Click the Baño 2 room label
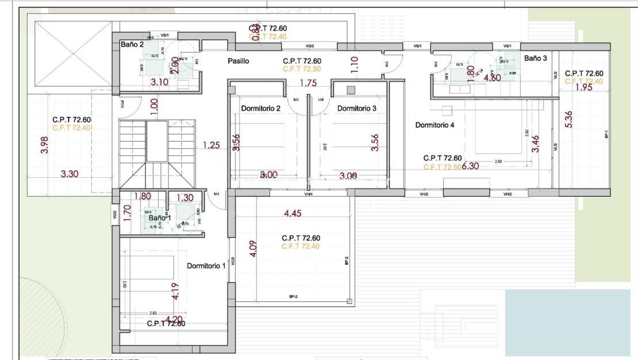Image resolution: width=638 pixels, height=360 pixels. pos(132,44)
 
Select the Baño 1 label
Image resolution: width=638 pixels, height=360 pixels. pos(160,218)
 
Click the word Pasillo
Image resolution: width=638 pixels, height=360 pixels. pos(238,61)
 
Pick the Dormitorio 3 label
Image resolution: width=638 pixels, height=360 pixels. pos(357,108)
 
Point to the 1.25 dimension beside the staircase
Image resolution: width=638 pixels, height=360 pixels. pos(211,145)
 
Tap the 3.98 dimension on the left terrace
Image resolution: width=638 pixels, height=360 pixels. pos(44,144)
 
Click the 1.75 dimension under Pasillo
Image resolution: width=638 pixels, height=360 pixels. pos(308,83)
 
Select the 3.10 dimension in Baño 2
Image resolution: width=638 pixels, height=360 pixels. pos(159,82)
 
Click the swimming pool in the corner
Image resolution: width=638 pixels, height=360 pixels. pos(567,322)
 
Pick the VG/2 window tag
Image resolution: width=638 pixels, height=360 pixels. pos(310,46)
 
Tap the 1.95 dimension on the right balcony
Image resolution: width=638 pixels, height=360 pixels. pos(583,87)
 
